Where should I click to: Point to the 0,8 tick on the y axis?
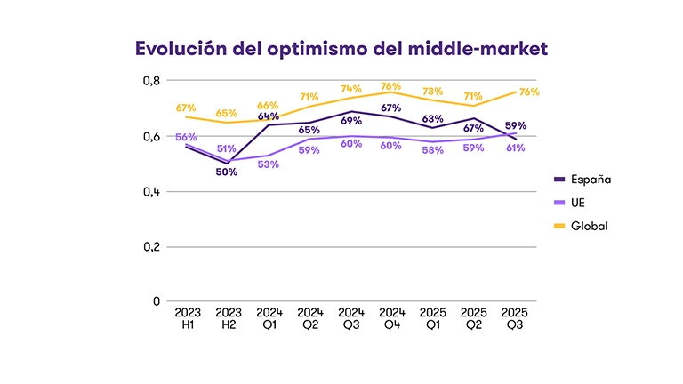pos(151,81)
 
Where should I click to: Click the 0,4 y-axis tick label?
pos(151,191)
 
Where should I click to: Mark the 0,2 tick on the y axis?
pos(151,246)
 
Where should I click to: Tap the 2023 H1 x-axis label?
pos(188,319)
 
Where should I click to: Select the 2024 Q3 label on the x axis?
pos(351,319)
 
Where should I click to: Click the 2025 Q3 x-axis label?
pos(515,319)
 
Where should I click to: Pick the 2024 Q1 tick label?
pos(269,319)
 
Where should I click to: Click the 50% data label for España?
pos(226,172)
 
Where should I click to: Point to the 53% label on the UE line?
pos(269,164)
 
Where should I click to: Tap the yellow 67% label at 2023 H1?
pos(185,107)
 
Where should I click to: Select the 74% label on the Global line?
pos(350,89)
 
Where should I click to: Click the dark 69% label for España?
pos(350,120)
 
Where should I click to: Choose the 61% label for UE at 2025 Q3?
pos(515,148)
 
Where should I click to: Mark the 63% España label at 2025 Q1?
pos(433,118)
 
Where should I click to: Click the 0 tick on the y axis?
pos(157,301)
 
